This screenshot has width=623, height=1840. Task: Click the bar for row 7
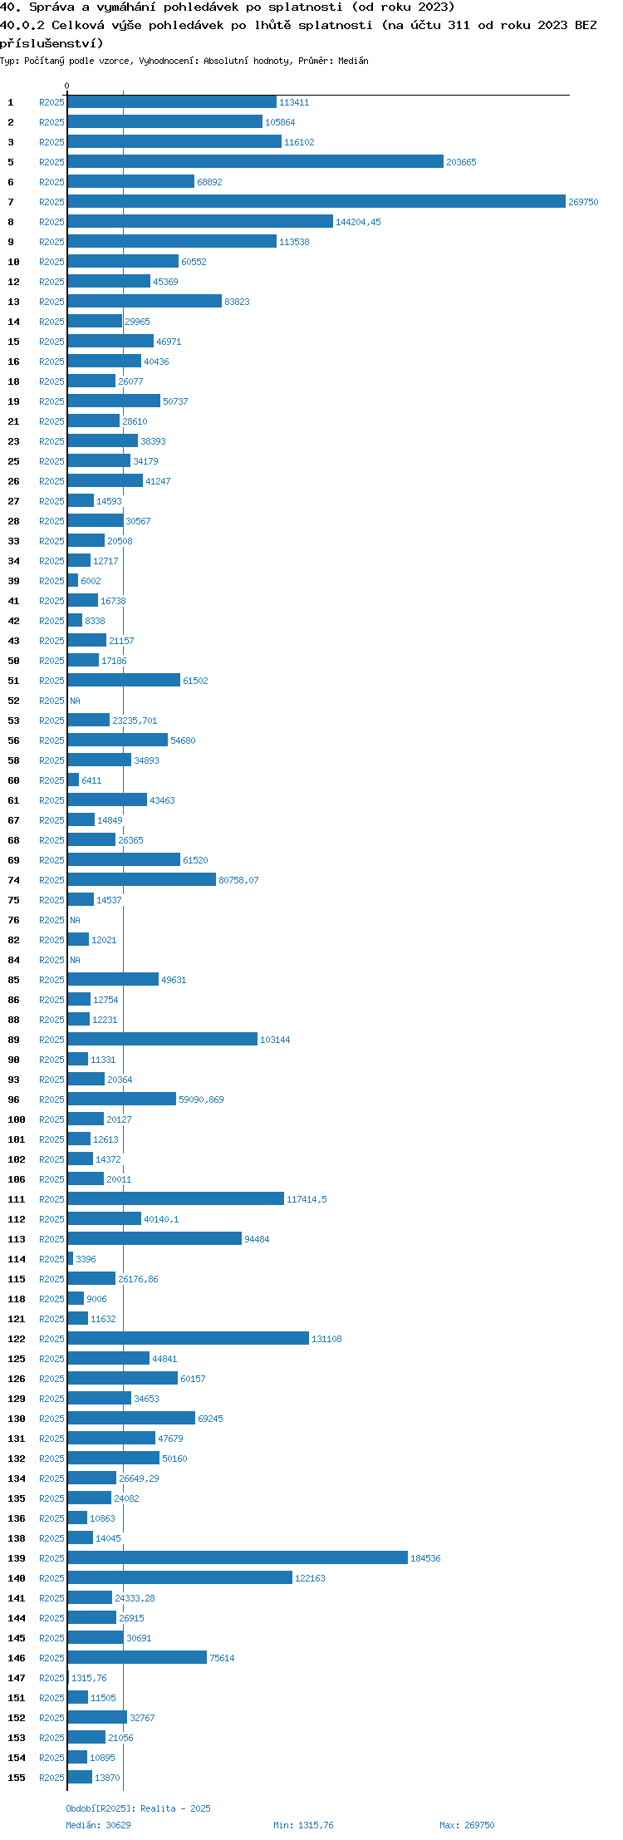(x=316, y=202)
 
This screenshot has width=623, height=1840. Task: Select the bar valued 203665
(x=256, y=162)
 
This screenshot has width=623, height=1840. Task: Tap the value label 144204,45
(x=358, y=222)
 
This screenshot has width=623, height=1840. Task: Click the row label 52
(x=13, y=701)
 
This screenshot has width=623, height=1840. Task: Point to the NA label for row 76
(x=75, y=920)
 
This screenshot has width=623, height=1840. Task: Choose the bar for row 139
(x=238, y=1558)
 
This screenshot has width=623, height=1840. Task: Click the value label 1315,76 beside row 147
(x=89, y=1678)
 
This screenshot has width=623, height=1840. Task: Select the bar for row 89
(x=163, y=1040)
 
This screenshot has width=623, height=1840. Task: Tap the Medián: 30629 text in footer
(x=98, y=1825)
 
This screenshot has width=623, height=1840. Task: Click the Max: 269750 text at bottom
(x=467, y=1825)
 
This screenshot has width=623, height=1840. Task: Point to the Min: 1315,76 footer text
(x=303, y=1825)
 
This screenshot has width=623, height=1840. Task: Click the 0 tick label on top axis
(x=67, y=86)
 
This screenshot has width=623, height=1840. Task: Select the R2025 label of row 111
(x=52, y=1199)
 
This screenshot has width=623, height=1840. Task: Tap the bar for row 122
(x=189, y=1339)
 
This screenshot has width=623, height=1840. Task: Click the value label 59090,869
(x=201, y=1100)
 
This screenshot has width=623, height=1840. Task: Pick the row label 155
(x=17, y=1778)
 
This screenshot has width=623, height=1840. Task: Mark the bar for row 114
(x=71, y=1259)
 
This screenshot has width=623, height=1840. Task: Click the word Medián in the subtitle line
(x=353, y=61)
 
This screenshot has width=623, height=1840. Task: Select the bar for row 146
(x=137, y=1658)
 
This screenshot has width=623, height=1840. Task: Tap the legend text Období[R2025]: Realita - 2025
(x=138, y=1808)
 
